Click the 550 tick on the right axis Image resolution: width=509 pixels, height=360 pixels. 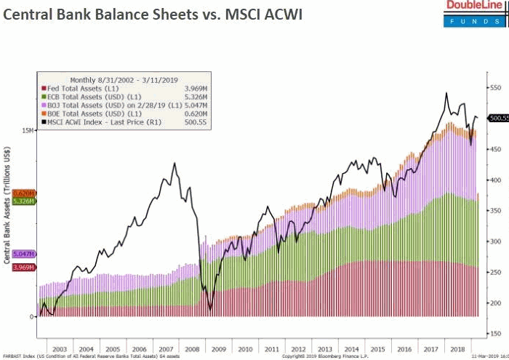[497, 88]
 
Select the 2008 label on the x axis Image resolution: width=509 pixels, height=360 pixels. [192, 349]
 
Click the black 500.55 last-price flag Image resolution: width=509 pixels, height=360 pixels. [498, 118]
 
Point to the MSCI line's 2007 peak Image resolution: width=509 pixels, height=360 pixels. [175, 163]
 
